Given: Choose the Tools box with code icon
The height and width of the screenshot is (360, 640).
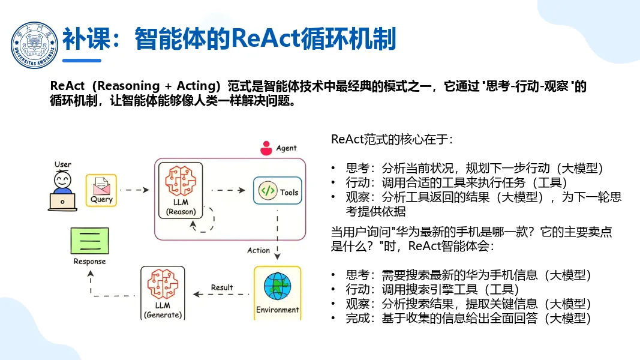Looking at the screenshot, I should click(x=277, y=192).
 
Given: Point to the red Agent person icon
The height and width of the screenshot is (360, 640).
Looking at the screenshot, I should click(x=266, y=148).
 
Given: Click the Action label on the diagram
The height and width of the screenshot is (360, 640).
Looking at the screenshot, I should click(x=259, y=250).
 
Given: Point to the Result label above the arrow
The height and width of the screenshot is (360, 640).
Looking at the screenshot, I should click(x=222, y=287).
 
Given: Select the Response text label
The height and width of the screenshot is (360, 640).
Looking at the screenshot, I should click(x=89, y=261).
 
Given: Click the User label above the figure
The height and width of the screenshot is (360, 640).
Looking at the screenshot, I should click(x=63, y=164).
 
